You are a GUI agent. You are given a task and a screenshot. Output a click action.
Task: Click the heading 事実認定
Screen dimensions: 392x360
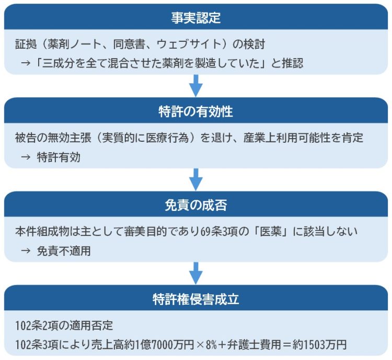click(x=196, y=18)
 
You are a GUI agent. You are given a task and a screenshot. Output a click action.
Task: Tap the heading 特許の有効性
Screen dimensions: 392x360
click(x=196, y=111)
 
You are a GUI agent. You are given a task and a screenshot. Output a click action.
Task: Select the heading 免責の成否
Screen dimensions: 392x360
click(x=196, y=205)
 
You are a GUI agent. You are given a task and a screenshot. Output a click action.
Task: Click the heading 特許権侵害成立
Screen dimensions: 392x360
click(x=196, y=299)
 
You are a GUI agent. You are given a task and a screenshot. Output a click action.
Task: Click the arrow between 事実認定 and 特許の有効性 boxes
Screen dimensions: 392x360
click(x=196, y=86)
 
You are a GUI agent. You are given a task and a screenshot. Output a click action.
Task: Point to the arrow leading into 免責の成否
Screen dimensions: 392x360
click(x=196, y=179)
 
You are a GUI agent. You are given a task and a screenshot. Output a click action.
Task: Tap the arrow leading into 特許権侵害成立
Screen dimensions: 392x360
click(x=196, y=273)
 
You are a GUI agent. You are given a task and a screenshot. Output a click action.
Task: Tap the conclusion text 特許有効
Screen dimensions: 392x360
click(x=59, y=157)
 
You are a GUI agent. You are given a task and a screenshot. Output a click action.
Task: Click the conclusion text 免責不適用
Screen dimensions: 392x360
click(x=64, y=251)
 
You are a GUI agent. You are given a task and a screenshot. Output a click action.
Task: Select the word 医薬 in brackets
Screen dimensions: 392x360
click(x=271, y=231)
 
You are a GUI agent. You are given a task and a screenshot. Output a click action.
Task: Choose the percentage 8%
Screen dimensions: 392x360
click(x=211, y=345)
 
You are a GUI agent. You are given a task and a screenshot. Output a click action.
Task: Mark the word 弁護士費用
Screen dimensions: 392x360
click(x=254, y=345)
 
